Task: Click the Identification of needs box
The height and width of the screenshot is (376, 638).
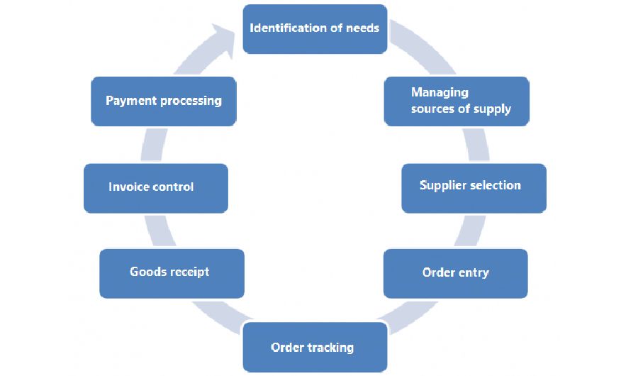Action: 315,29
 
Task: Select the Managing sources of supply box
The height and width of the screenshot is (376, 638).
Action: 457,101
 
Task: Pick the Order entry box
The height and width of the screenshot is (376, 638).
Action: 455,273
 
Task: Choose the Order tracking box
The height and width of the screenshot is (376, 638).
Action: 315,347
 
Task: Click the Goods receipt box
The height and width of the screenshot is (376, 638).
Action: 172,273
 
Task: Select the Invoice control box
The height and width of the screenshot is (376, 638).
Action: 155,188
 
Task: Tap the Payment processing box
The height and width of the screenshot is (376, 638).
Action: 163,101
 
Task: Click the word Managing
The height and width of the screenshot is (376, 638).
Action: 440,92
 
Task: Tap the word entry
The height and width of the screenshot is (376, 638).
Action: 472,273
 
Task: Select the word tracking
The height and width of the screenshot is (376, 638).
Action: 330,348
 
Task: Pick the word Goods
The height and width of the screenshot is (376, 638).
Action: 147,272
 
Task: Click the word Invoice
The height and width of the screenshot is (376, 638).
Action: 128,187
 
